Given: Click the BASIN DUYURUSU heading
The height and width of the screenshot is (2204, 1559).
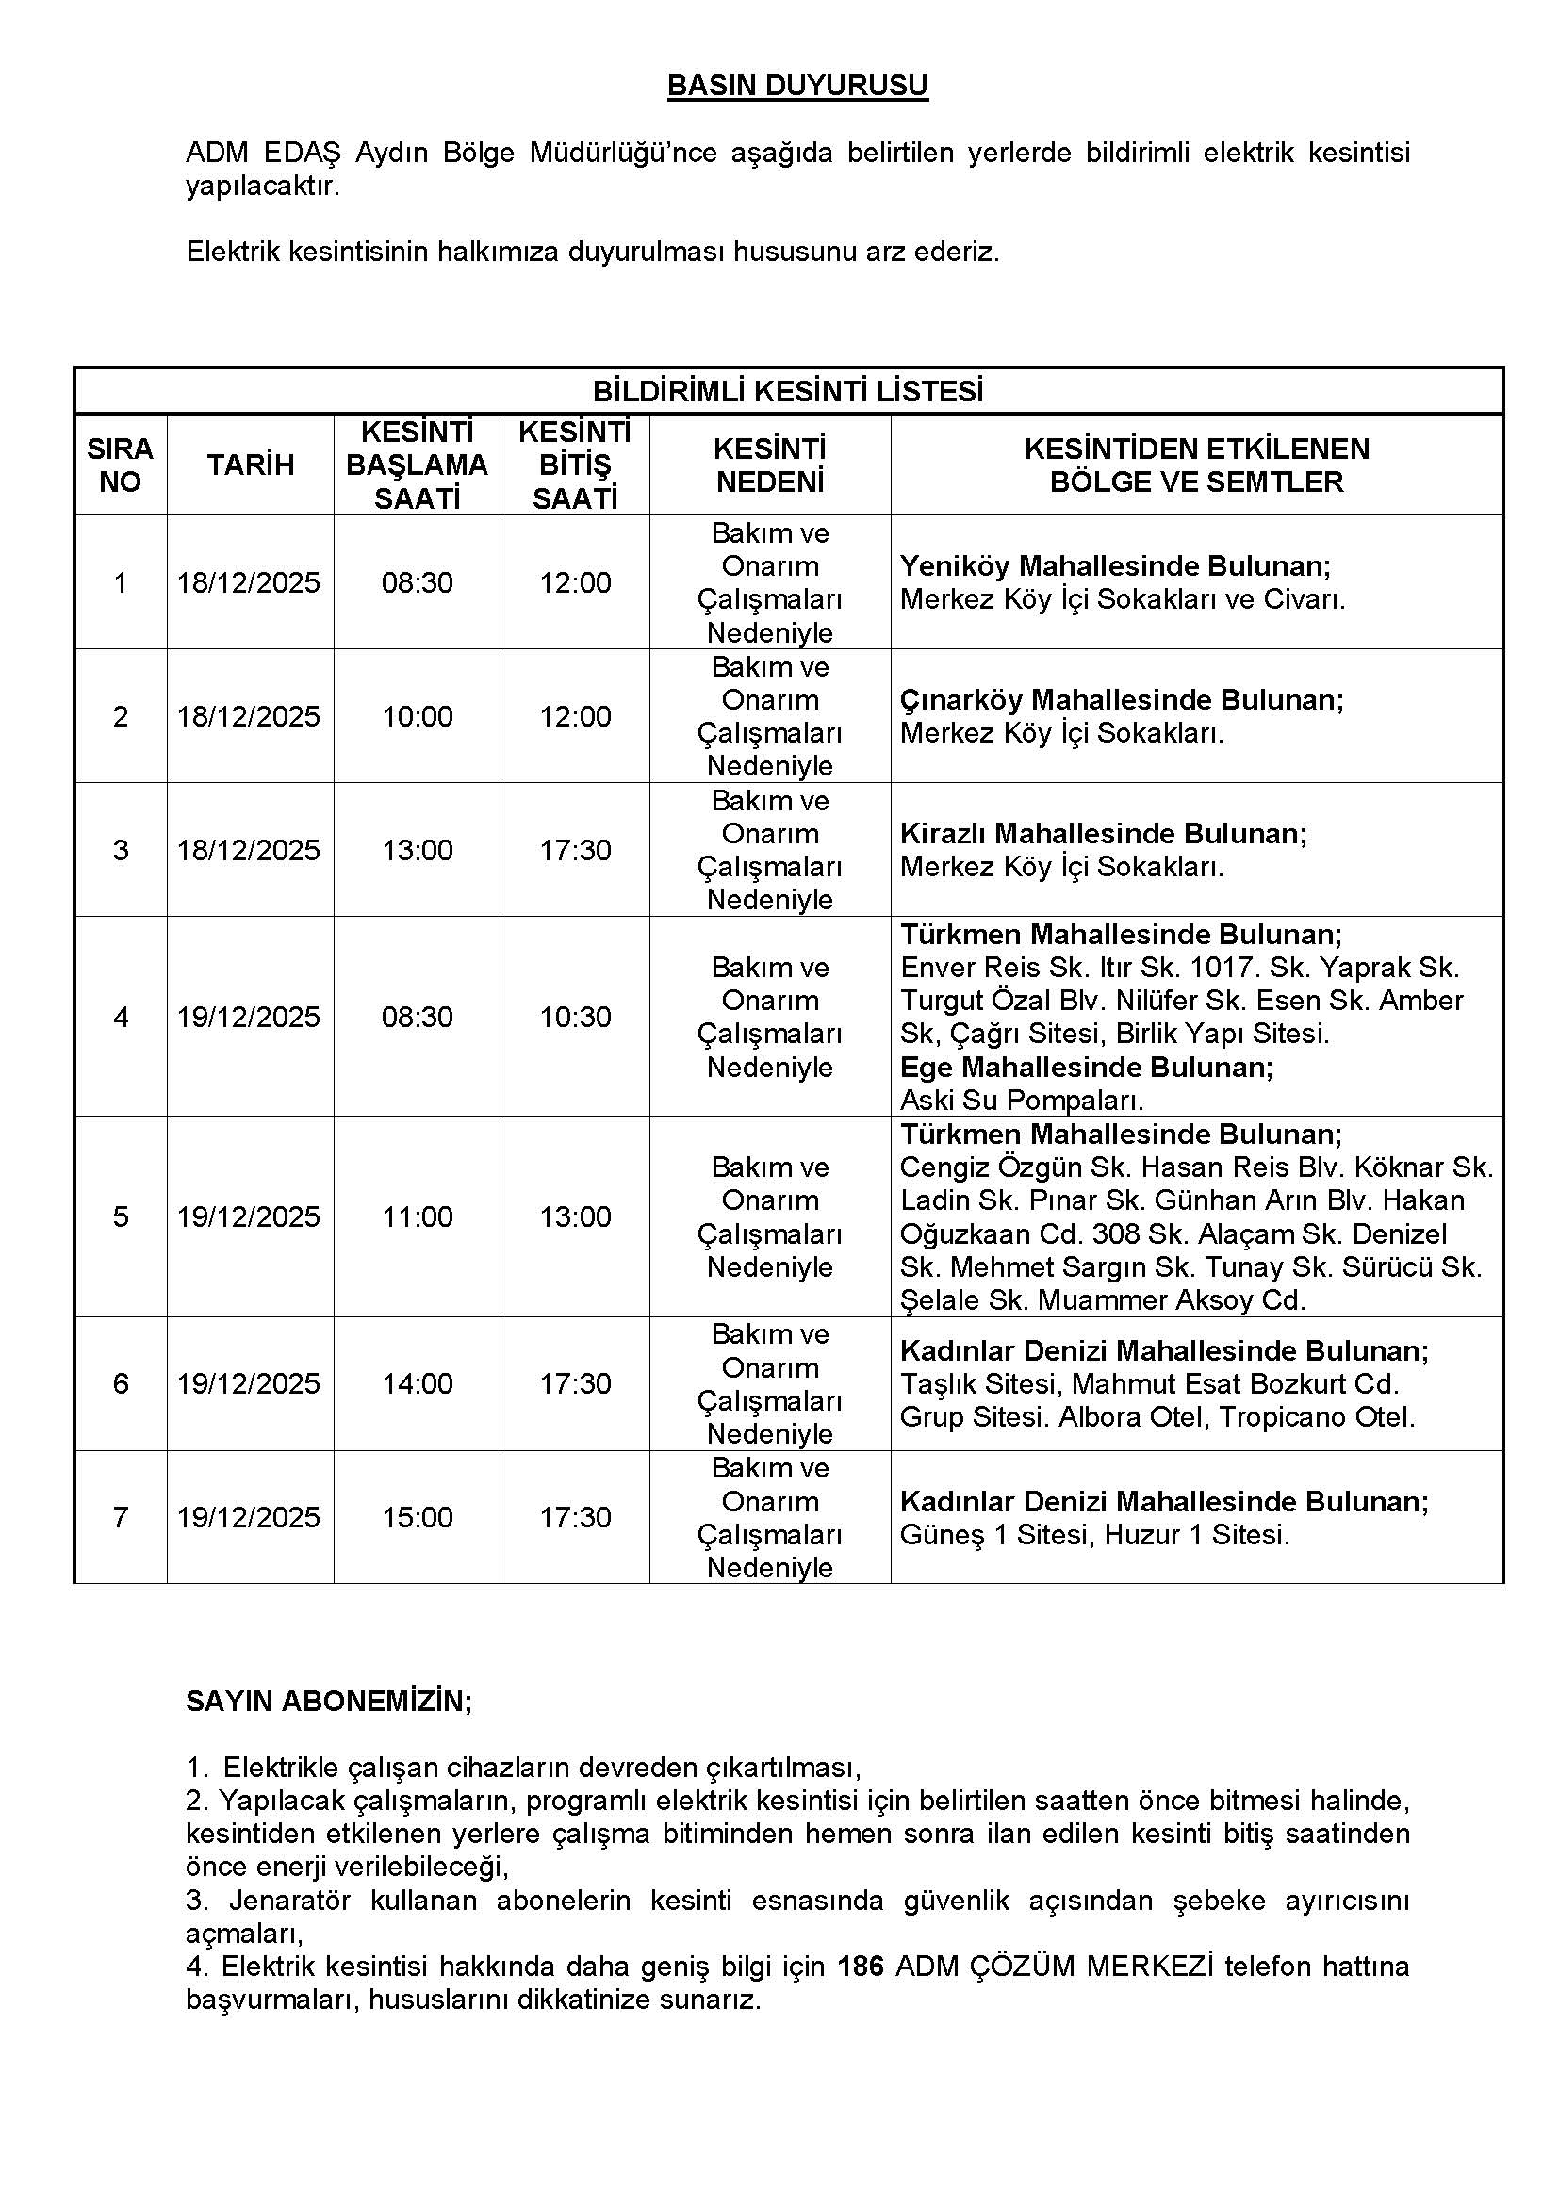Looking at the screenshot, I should (x=796, y=87).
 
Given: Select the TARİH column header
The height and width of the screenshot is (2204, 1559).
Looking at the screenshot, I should (x=251, y=465).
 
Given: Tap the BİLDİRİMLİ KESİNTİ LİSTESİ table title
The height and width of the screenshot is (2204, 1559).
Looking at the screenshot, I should (x=788, y=392).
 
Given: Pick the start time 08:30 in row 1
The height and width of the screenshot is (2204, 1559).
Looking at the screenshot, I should (x=417, y=582).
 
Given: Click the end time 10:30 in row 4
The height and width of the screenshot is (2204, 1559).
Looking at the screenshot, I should (x=575, y=1017).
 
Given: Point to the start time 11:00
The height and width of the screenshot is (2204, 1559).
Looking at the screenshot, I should (x=417, y=1216).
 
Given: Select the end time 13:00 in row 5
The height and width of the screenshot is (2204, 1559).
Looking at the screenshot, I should (x=575, y=1216).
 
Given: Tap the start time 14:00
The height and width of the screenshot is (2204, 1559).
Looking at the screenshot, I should (x=417, y=1383).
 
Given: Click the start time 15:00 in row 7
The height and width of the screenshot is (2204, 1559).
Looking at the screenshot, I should (x=417, y=1517).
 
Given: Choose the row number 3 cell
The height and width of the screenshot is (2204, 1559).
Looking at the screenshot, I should (x=121, y=851).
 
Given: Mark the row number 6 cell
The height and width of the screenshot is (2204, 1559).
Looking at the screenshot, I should (x=121, y=1383).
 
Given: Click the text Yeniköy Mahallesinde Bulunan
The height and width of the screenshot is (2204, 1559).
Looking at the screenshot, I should (x=1114, y=566).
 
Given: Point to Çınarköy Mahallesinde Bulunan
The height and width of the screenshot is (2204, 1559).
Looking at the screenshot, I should (x=1122, y=700).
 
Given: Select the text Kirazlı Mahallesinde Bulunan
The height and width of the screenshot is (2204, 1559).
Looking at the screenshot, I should (x=1103, y=833).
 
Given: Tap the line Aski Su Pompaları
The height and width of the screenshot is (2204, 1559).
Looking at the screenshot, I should (x=1022, y=1100).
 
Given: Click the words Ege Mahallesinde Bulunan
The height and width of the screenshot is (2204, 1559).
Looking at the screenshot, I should (x=1086, y=1068).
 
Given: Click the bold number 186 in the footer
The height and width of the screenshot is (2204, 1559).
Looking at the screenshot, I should (x=861, y=1967).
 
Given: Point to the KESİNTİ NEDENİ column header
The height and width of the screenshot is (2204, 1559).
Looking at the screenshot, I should (x=770, y=465).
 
